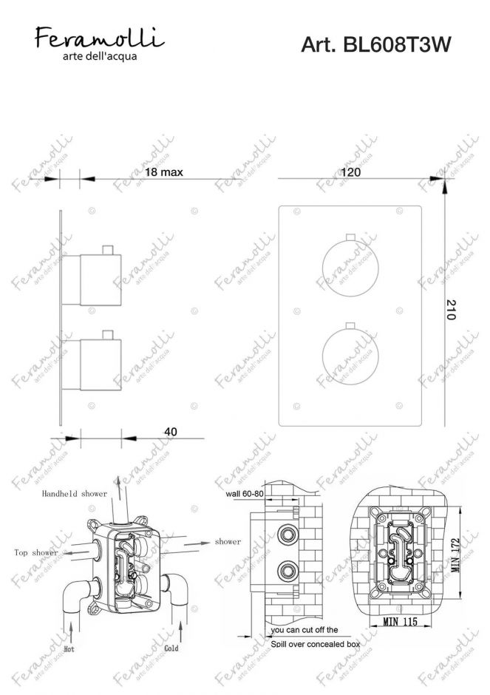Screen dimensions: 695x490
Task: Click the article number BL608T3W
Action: point(375,46)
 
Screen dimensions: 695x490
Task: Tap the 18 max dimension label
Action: point(163,172)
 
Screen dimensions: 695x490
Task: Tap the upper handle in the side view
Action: point(101,279)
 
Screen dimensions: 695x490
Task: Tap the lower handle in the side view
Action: point(101,363)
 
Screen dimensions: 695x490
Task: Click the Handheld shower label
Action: point(75,492)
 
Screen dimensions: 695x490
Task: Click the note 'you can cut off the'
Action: point(304,629)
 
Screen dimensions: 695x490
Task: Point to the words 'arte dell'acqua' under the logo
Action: point(100,55)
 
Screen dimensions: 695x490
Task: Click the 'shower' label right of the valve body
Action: point(228,541)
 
